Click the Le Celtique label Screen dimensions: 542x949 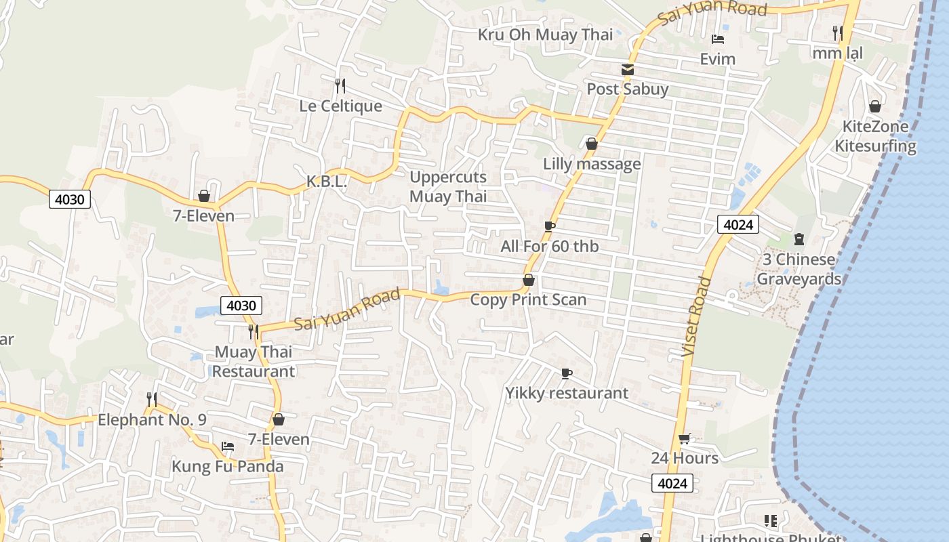pos(340,106)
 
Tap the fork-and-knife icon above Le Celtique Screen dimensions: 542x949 pos(340,86)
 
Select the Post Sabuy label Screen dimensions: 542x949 pos(627,89)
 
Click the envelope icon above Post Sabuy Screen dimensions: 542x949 pos(628,70)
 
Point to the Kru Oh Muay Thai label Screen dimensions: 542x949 pos(545,35)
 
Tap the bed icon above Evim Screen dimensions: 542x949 pos(718,39)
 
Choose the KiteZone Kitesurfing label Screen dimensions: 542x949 pos(874,136)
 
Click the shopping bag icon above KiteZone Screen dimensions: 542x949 pos(875,106)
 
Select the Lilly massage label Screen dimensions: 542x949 pos(591,164)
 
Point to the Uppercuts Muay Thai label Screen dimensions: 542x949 pos(448,187)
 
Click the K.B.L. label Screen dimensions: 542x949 pos(327,182)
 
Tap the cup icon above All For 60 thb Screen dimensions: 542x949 pos(550,226)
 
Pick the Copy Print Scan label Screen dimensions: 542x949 pos(528,299)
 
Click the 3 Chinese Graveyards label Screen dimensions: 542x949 pos(799,269)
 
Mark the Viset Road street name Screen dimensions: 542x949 pos(696,317)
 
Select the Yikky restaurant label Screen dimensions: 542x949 pos(567,393)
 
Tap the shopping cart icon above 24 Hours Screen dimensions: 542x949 pos(685,439)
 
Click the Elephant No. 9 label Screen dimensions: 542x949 pos(152,419)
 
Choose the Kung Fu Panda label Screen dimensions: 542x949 pos(227,467)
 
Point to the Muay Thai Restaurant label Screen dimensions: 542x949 pos(254,362)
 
